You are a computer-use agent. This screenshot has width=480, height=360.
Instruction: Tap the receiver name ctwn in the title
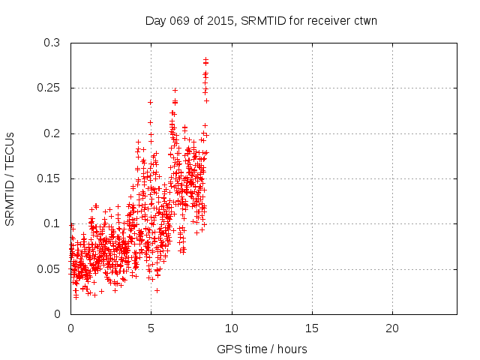(364, 21)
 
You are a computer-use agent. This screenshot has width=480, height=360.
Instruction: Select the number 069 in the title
(178, 21)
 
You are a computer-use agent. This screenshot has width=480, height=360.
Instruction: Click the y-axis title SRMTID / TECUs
(10, 178)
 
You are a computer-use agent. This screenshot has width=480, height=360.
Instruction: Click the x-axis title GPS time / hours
(262, 349)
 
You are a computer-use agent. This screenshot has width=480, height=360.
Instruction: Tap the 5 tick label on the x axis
(151, 328)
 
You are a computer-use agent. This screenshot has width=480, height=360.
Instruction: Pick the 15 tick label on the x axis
(312, 328)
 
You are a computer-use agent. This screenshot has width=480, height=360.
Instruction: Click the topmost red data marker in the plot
(205, 58)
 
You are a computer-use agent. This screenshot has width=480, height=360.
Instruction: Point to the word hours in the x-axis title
(291, 349)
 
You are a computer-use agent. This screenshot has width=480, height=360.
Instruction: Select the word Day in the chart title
(155, 21)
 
